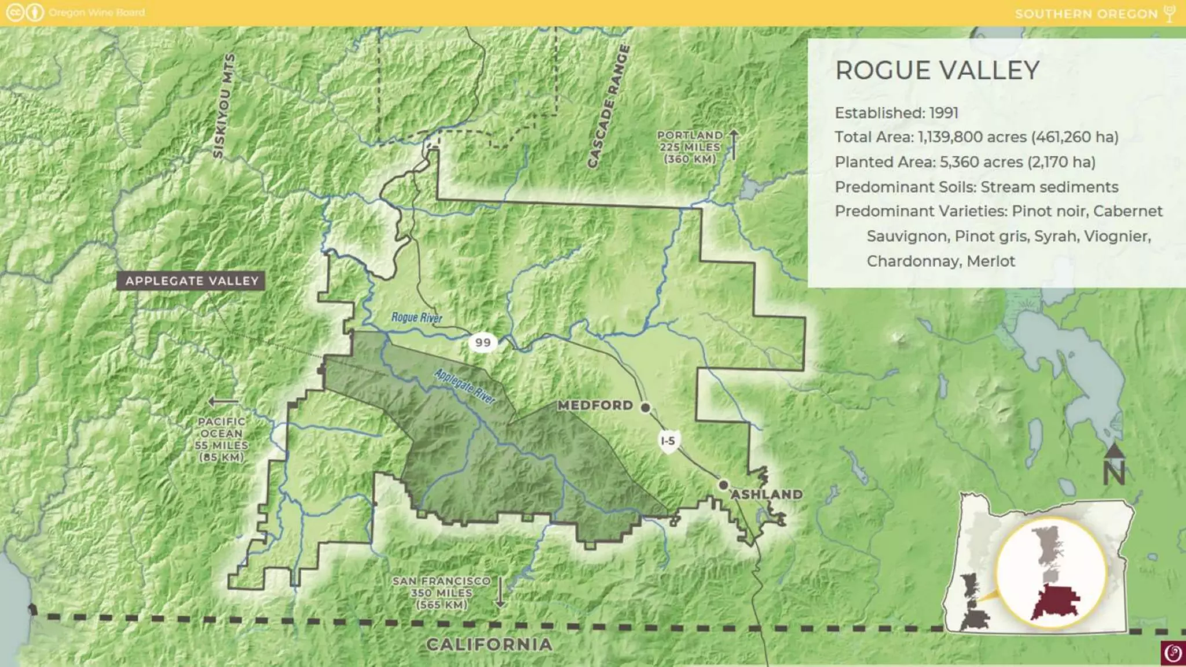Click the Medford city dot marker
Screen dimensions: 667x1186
645,408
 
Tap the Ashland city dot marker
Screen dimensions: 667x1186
723,485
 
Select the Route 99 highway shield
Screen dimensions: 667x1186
482,342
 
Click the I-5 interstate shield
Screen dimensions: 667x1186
668,441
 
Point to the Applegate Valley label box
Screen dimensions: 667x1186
192,281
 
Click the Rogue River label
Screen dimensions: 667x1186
416,317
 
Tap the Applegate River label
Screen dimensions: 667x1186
464,386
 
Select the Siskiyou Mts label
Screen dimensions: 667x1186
224,105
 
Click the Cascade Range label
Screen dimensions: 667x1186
608,107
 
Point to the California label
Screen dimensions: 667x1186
489,644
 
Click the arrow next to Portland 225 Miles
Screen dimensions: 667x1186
733,145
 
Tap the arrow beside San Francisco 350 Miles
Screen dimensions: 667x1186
500,592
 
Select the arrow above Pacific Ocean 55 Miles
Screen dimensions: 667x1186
223,402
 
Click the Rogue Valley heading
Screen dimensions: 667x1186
937,71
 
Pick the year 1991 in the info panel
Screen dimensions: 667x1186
944,113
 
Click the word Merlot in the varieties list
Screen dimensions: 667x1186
990,261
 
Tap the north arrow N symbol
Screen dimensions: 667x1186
1113,466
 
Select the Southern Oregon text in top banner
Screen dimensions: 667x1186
1086,13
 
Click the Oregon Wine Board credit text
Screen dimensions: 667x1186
97,12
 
